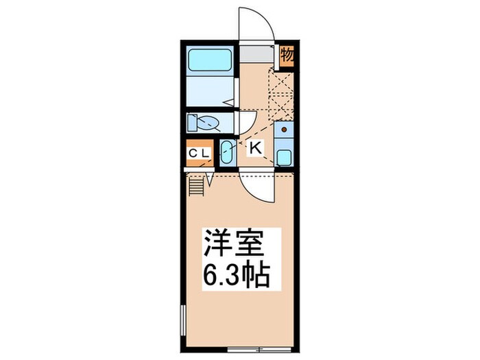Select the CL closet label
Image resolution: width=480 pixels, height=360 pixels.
point(200,153)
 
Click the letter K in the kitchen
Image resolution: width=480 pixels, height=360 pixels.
point(254,147)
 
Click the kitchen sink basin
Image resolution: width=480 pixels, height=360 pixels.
point(285,156)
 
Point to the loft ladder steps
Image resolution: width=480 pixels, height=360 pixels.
point(197,184)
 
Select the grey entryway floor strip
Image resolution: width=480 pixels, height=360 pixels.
point(256,54)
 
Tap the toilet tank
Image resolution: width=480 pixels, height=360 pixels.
point(192,123)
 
